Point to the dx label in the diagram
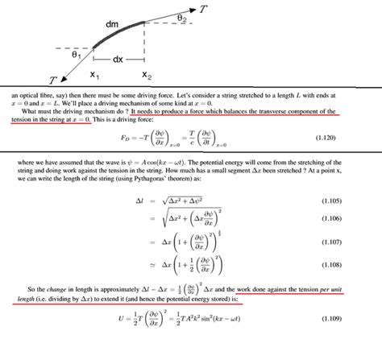[118, 60]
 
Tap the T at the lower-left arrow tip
[52, 81]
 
